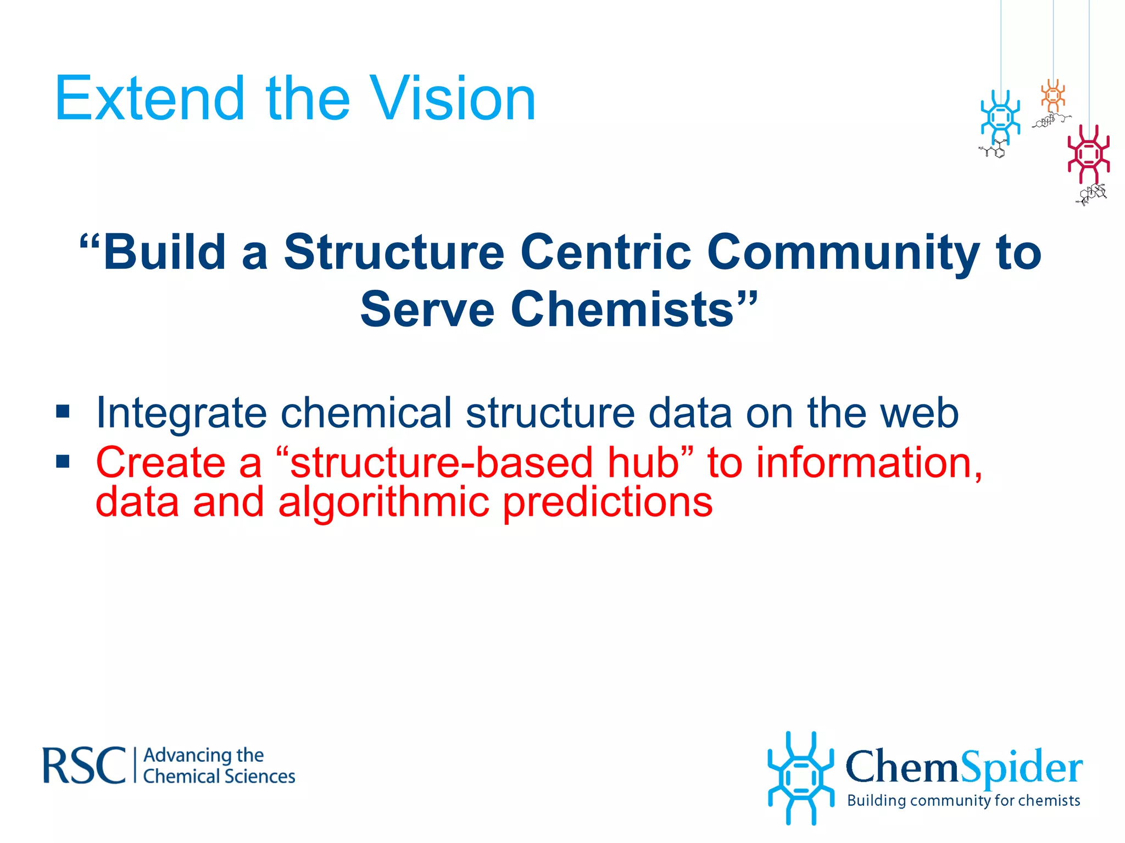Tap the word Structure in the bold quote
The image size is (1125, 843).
click(x=393, y=252)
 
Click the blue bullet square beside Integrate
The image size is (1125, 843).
click(x=63, y=411)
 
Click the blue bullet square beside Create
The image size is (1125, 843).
click(x=63, y=461)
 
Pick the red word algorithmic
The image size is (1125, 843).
click(x=383, y=502)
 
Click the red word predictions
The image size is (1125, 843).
click(x=608, y=502)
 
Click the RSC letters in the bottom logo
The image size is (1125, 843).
click(x=84, y=766)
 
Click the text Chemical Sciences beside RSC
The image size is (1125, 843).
click(x=219, y=777)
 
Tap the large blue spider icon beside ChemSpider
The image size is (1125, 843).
click(x=800, y=778)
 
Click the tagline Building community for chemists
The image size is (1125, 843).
click(x=964, y=800)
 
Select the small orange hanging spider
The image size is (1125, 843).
click(x=1053, y=95)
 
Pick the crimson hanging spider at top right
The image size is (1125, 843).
click(x=1088, y=154)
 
